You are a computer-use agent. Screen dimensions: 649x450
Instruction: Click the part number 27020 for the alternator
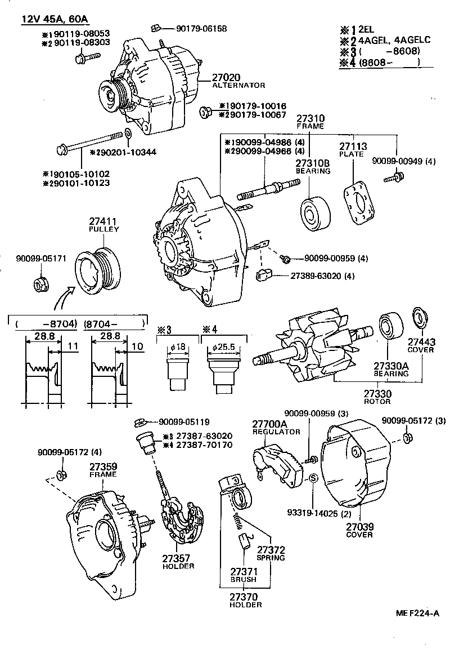coord(227,77)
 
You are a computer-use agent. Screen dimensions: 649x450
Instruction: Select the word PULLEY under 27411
coord(102,230)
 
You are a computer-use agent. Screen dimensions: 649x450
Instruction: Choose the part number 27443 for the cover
coord(421,342)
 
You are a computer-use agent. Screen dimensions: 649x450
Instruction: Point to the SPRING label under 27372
coord(271,558)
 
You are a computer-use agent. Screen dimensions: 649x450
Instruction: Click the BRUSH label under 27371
coord(242,579)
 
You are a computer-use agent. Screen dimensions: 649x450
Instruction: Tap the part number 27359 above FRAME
coord(102,466)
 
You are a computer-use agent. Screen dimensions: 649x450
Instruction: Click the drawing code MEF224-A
coord(417,614)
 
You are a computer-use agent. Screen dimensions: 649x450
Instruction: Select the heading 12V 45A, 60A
coord(55,19)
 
